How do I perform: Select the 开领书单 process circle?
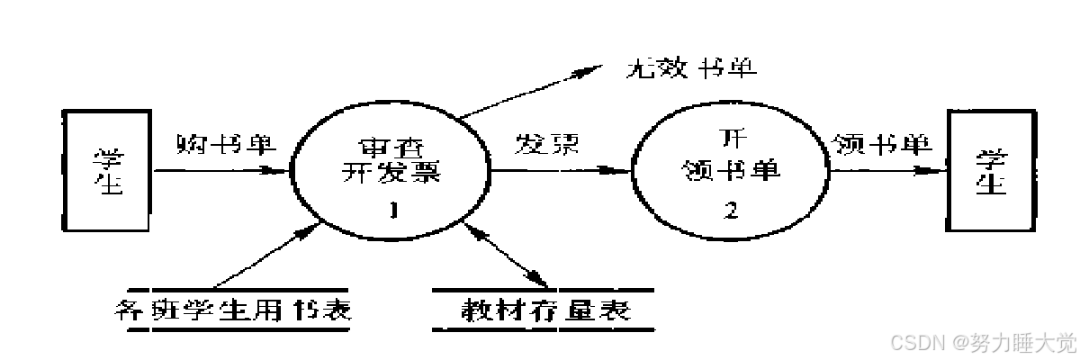tap(731, 171)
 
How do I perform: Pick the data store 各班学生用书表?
tap(234, 311)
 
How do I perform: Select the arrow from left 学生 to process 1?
tap(220, 169)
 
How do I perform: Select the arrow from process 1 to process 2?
tap(558, 168)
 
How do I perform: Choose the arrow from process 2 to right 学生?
tap(886, 169)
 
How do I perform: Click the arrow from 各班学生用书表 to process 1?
tap(261, 260)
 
